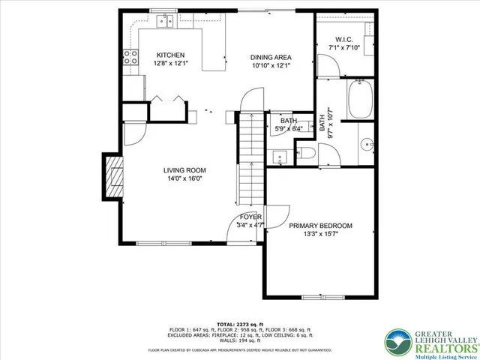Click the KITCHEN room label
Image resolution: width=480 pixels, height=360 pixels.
171,55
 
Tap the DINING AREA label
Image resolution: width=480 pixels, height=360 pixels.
271,57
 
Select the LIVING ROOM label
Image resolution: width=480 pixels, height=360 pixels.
184,170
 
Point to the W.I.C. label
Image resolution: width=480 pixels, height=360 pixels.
344,40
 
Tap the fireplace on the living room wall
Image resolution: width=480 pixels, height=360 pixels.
114,175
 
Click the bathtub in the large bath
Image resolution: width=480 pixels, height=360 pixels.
360,101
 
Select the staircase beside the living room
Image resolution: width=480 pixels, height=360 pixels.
250,157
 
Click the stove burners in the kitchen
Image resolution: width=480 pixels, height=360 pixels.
130,57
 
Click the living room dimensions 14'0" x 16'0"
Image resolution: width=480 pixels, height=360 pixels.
184,179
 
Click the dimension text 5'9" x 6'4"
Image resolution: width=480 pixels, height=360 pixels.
289,128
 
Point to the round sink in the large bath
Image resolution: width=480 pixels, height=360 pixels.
367,142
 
